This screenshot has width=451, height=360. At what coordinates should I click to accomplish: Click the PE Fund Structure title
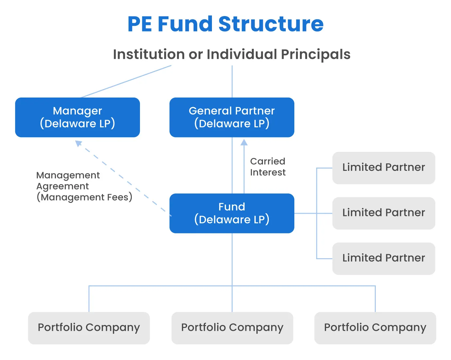(225, 24)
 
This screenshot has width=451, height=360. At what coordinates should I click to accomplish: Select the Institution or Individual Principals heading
(232, 54)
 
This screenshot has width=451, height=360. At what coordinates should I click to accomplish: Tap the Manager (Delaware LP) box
(78, 117)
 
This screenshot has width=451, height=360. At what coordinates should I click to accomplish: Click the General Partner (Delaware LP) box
(232, 117)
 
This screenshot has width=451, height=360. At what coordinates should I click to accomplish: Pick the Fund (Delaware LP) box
(232, 213)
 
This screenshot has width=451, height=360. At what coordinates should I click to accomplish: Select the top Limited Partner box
(384, 168)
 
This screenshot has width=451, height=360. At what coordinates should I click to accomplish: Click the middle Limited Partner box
(384, 213)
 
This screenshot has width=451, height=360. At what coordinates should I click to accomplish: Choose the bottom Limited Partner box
(384, 258)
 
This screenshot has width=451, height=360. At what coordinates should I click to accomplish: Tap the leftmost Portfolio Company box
(89, 328)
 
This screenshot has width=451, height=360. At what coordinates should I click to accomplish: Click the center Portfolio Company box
(232, 328)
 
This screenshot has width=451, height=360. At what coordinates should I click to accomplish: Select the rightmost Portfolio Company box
(375, 328)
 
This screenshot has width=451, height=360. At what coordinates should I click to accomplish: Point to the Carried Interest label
(268, 167)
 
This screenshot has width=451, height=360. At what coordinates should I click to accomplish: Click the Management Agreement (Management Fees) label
(84, 186)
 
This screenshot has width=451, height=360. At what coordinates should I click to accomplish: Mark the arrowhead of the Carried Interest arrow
(244, 142)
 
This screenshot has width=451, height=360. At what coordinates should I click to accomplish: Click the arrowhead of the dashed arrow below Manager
(78, 143)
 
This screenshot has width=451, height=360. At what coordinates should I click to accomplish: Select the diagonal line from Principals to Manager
(126, 81)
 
